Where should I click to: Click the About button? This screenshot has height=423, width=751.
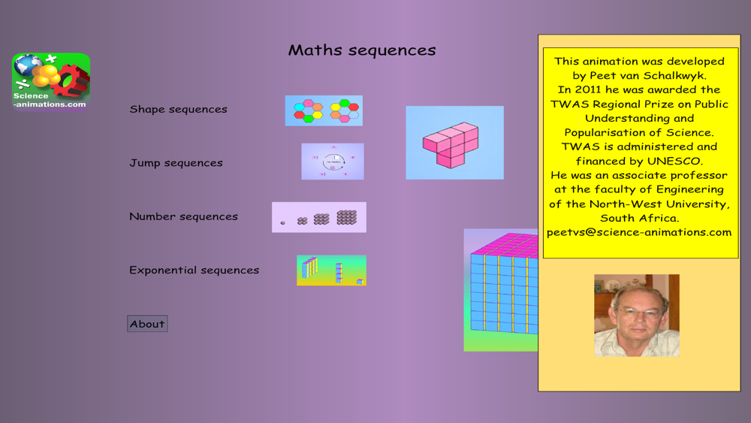(147, 324)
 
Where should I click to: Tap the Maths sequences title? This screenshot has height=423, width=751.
(362, 50)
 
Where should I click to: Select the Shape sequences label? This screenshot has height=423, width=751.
(178, 109)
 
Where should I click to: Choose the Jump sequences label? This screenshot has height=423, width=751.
(176, 163)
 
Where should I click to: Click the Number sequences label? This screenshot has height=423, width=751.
(183, 216)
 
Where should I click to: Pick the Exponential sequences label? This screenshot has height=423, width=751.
(194, 270)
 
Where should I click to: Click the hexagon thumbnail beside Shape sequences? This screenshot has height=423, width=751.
(324, 110)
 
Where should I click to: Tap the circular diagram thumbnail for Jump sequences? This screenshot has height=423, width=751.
(333, 162)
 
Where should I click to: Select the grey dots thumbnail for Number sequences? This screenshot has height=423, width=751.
(319, 217)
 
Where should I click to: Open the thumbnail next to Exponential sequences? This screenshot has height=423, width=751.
(331, 270)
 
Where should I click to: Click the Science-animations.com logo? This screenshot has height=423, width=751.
(51, 82)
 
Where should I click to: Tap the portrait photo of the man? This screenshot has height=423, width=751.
(637, 316)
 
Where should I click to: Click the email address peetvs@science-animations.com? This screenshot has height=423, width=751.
(639, 232)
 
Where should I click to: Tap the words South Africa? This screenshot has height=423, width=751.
(639, 219)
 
